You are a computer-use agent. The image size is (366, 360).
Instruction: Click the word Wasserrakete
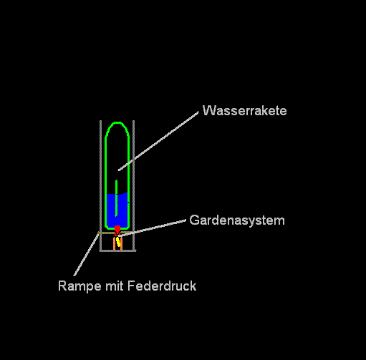tap(244, 111)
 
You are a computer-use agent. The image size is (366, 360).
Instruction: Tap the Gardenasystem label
tap(237, 220)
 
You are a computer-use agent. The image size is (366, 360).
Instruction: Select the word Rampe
tap(80, 286)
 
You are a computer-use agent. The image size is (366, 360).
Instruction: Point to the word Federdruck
tap(162, 286)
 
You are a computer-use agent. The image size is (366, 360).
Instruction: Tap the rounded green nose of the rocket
tap(117, 122)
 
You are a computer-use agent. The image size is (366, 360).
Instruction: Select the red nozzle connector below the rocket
tap(117, 230)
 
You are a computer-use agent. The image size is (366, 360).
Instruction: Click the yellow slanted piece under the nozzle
tap(118, 242)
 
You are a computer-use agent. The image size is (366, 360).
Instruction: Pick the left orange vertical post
tap(114, 243)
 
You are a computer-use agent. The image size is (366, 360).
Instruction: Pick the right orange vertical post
tap(121, 243)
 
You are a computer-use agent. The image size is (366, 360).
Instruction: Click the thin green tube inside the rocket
tap(116, 198)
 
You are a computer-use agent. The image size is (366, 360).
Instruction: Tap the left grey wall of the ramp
tap(101, 185)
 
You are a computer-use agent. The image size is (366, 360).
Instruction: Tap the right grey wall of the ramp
tap(133, 185)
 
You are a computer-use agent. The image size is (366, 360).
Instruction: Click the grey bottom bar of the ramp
tap(117, 250)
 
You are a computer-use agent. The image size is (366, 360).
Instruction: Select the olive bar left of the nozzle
tap(107, 233)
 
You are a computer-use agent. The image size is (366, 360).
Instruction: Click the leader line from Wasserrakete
tap(158, 141)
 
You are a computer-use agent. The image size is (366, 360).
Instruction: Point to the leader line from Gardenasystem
tap(152, 228)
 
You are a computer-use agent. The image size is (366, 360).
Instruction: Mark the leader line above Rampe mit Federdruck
tap(86, 255)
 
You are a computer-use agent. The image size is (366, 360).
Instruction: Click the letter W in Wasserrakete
tap(208, 111)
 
